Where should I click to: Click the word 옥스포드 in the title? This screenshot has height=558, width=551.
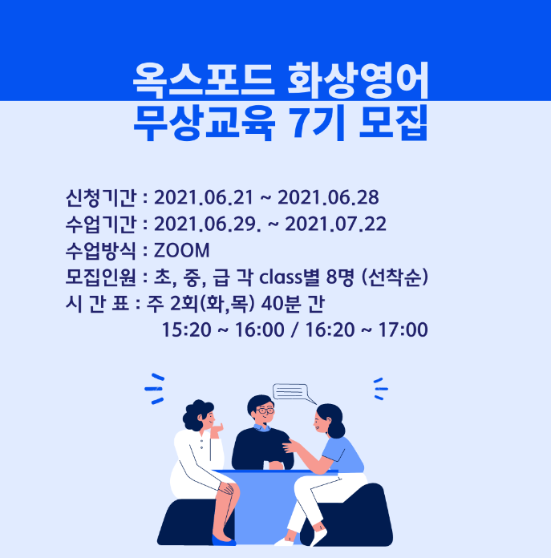204,81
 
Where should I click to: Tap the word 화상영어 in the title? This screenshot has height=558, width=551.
358,81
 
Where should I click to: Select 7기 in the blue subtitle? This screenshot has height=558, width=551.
318,123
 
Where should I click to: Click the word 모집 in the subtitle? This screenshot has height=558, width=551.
393,123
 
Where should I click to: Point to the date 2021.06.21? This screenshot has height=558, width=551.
204,197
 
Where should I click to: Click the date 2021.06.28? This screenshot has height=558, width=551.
328,197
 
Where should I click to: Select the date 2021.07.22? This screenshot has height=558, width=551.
336,224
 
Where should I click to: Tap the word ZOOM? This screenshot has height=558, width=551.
181,250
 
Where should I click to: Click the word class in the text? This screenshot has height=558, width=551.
281,277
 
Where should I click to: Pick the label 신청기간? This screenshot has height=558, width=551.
101,197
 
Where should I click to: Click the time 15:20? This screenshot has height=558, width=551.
187,330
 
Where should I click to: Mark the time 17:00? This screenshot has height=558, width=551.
403,330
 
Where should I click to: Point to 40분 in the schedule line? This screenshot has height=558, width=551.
281,304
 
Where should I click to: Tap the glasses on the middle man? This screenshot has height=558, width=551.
265,410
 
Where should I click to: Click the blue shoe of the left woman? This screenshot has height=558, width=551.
224,540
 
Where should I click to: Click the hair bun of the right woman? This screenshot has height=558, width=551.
336,430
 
